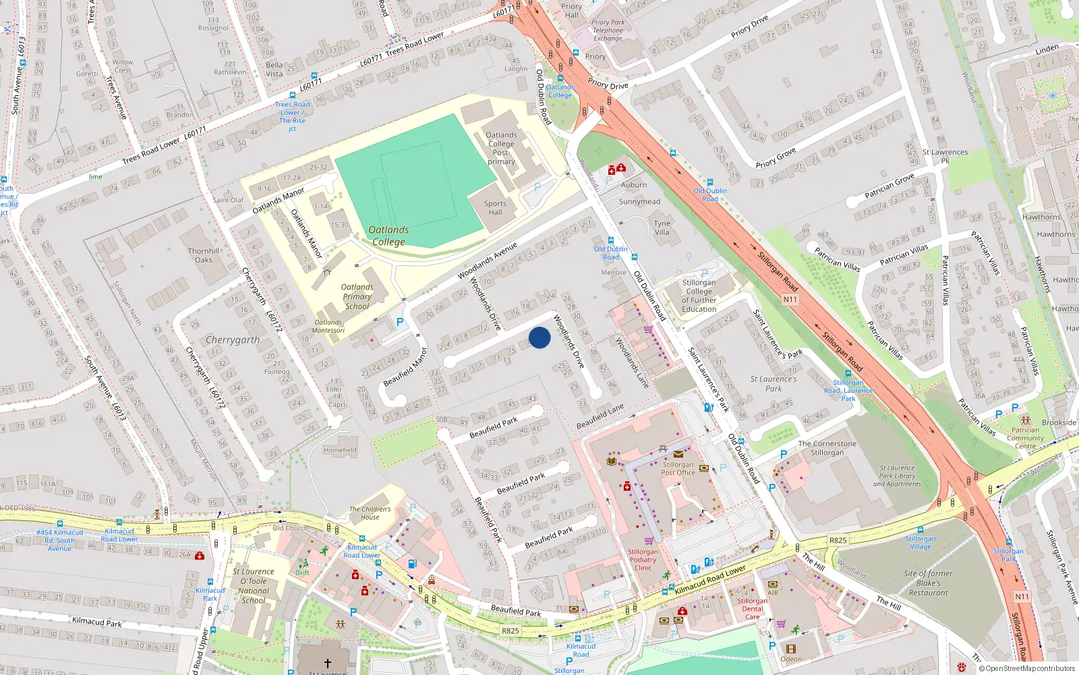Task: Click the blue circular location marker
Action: tap(539, 337)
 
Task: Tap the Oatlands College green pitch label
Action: tap(388, 236)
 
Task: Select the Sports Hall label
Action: tap(495, 208)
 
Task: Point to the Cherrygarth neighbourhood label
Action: tap(233, 340)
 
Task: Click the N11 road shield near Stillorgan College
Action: tap(790, 299)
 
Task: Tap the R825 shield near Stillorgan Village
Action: tap(838, 540)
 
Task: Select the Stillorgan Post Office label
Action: tap(678, 468)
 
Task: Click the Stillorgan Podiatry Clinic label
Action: tap(643, 560)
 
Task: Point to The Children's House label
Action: tap(370, 513)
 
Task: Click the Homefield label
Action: tap(340, 450)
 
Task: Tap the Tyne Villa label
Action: tap(662, 227)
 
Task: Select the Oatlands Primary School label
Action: tap(357, 296)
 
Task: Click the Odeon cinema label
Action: tap(791, 659)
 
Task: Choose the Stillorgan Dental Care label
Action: tap(752, 608)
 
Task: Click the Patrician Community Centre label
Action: tap(1025, 437)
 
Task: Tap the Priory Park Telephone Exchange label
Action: tap(608, 30)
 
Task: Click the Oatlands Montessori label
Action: tap(328, 326)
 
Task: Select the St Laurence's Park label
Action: tap(774, 383)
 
